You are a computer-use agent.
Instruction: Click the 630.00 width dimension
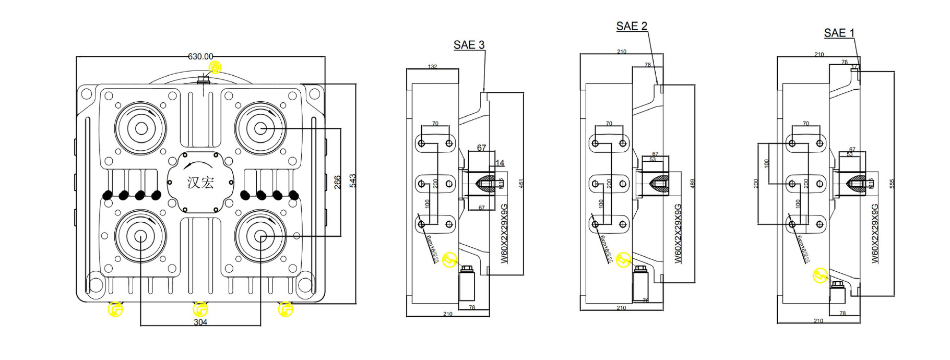tap(200, 56)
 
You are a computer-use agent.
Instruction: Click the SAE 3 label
tap(469, 45)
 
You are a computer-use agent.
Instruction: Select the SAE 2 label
tap(631, 26)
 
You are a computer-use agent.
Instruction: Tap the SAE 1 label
tap(839, 33)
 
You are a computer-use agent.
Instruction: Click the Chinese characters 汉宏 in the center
tap(200, 182)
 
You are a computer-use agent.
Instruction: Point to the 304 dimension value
tap(200, 322)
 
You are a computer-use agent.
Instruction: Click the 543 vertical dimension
tap(353, 181)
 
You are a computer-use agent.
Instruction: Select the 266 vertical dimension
tap(338, 182)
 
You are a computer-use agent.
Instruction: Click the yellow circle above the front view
tap(215, 67)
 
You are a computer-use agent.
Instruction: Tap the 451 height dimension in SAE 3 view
tap(520, 183)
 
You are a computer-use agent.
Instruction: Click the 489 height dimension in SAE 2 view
tap(692, 183)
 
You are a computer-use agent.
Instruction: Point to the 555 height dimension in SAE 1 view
tap(892, 184)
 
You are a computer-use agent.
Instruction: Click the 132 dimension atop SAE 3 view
tap(432, 66)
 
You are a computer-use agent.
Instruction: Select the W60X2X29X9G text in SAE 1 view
tap(875, 233)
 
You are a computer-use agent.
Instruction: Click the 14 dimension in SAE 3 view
tap(500, 163)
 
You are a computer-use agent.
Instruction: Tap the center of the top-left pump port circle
tap(140, 128)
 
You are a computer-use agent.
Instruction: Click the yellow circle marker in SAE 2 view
tap(623, 260)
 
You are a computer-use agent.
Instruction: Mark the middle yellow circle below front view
tap(200, 309)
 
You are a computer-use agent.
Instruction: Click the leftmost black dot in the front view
tap(107, 195)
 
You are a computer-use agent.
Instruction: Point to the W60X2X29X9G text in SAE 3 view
tap(504, 233)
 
